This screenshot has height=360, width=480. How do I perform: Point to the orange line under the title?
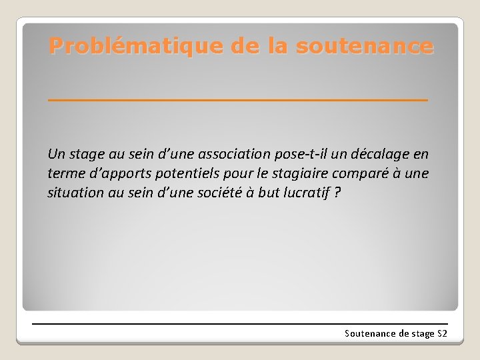tap(238, 99)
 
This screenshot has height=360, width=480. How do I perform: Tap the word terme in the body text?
tap(65, 174)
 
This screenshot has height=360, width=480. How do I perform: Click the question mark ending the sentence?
tap(337, 193)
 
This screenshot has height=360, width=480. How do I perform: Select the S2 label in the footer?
tap(442, 333)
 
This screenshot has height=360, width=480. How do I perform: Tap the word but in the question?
tap(269, 193)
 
